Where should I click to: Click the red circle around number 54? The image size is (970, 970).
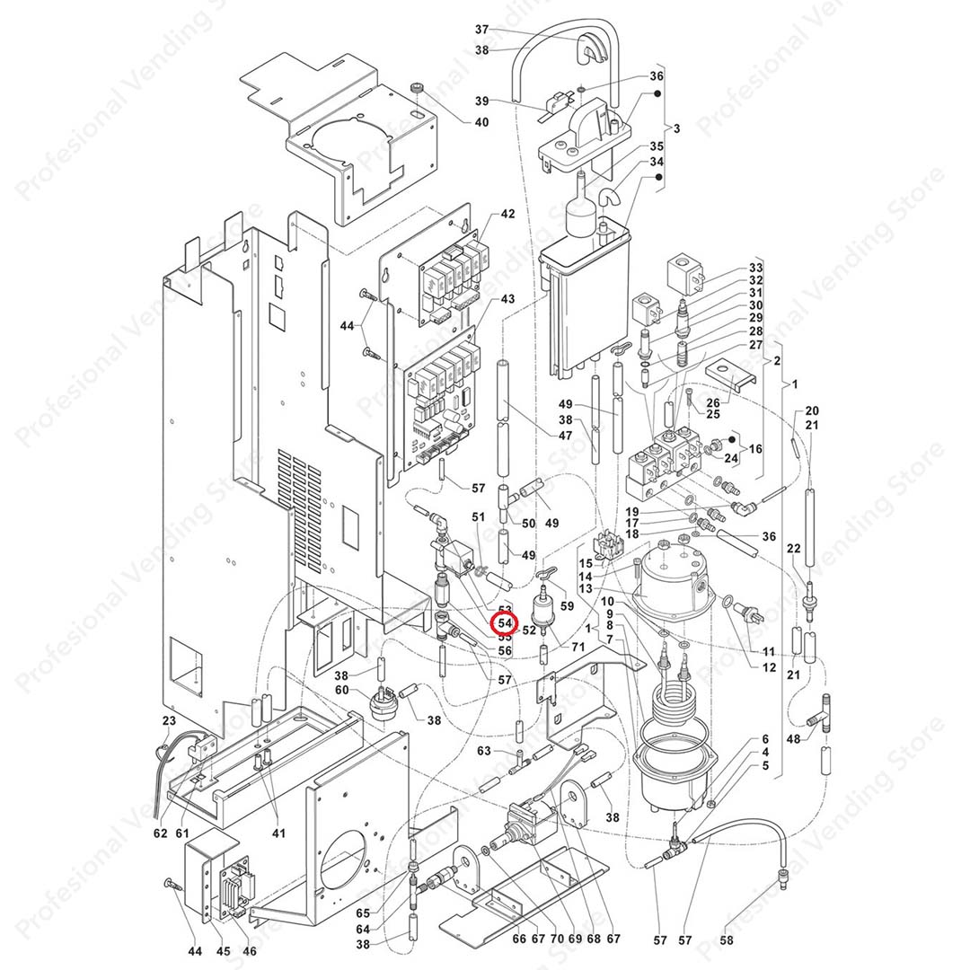(x=505, y=622)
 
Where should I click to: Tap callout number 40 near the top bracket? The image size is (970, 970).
(x=482, y=122)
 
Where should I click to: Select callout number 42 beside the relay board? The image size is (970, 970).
(x=508, y=215)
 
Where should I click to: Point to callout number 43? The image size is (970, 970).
(x=508, y=298)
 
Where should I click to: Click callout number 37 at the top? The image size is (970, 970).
(x=482, y=30)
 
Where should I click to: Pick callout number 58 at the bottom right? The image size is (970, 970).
(x=727, y=940)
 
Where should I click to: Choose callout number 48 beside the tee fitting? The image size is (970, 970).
(x=793, y=739)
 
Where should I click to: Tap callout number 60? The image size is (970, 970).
(x=341, y=689)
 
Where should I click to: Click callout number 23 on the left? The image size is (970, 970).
(x=169, y=721)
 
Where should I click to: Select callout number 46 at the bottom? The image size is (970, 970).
(x=250, y=951)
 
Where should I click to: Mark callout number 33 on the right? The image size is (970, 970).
(x=755, y=269)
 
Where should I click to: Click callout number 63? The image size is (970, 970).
(x=484, y=750)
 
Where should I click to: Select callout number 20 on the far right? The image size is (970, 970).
(x=812, y=410)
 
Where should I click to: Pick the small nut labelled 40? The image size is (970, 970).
(x=418, y=88)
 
